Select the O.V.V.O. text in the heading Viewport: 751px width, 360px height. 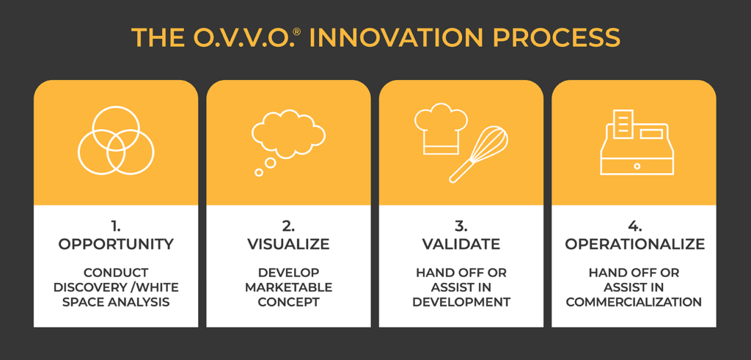[250, 38]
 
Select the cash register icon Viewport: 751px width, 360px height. [637, 142]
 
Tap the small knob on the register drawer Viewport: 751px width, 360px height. [637, 166]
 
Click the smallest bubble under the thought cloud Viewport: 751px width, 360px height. [259, 172]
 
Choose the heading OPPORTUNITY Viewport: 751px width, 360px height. [116, 244]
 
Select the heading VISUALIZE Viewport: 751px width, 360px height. [288, 244]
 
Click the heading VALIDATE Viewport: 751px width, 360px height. [461, 244]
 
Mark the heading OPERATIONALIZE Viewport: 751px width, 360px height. [634, 244]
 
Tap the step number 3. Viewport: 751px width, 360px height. [462, 226]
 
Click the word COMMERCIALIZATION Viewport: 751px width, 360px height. [634, 303]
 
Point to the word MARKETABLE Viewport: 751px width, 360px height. [288, 287]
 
